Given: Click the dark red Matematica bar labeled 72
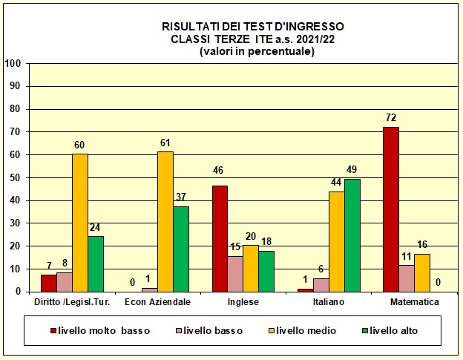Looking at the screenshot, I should click(x=391, y=209).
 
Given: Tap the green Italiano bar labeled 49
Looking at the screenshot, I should click(x=352, y=235).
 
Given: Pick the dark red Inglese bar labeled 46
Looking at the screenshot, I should click(x=220, y=238).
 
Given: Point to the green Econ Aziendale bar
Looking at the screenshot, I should click(x=181, y=249).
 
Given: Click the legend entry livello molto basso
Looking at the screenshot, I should click(x=99, y=330).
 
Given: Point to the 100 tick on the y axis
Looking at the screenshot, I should click(x=13, y=64).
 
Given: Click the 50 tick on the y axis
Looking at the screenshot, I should click(x=15, y=177).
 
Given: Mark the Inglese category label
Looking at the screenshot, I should click(x=237, y=302).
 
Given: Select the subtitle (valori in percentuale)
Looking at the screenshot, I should click(x=257, y=51).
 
